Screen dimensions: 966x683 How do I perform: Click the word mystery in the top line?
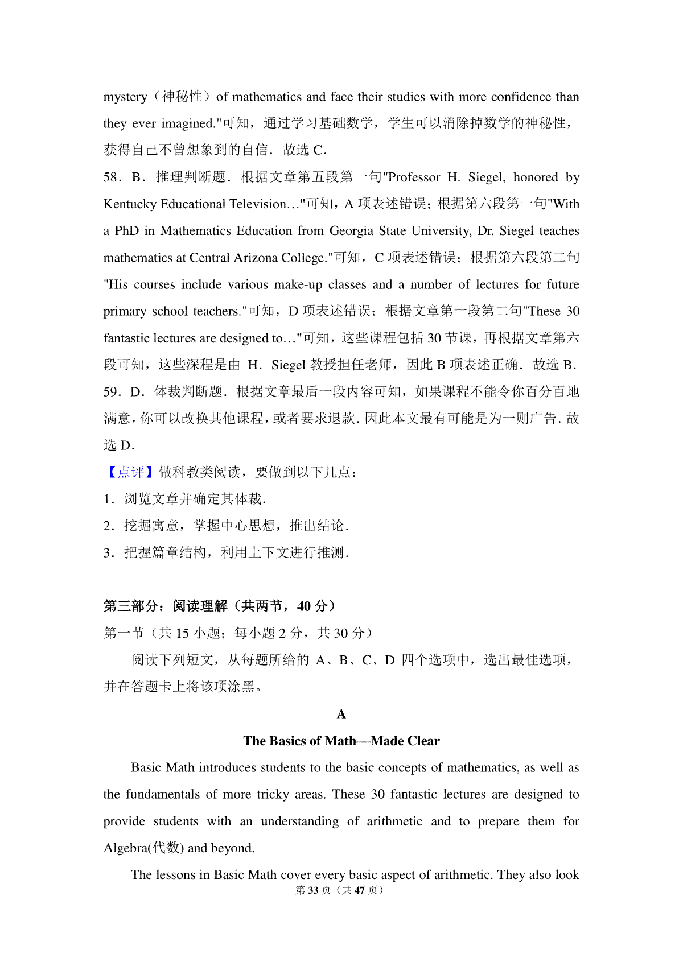click(x=125, y=97)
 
